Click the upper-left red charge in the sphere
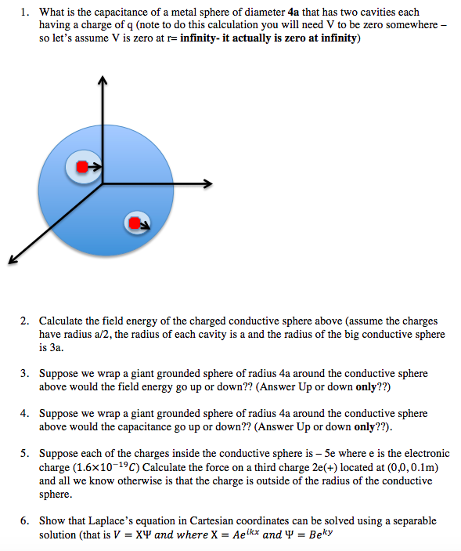(x=82, y=166)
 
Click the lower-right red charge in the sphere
(x=135, y=223)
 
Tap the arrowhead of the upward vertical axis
(x=102, y=80)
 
